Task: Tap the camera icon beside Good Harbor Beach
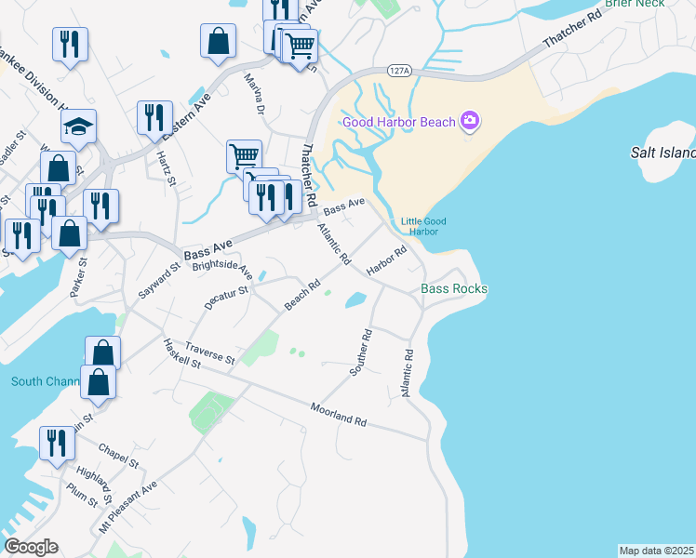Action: click(470, 121)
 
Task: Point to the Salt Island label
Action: click(663, 153)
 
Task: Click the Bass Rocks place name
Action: click(454, 289)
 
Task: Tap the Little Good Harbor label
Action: click(419, 226)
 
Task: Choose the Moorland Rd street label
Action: click(339, 415)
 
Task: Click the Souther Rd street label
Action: click(361, 352)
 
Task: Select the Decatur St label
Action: click(227, 299)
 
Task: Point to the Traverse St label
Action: click(209, 352)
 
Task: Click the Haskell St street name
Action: click(182, 352)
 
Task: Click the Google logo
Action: click(31, 547)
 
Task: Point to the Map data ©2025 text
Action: click(656, 551)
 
